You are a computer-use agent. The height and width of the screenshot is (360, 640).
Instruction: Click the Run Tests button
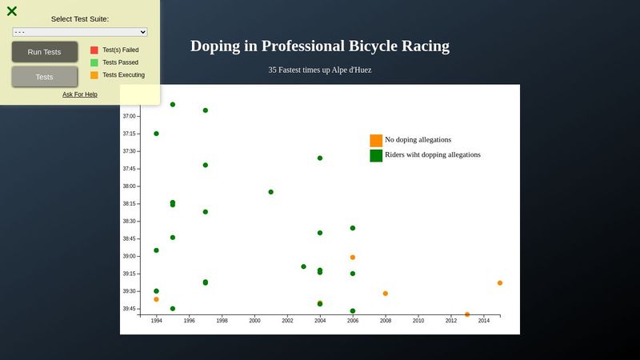click(x=44, y=52)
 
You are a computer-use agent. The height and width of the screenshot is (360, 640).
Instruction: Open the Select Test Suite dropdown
click(x=80, y=32)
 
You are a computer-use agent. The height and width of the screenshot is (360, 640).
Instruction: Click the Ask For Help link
click(x=80, y=94)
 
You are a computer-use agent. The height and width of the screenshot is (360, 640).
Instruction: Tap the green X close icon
click(x=12, y=11)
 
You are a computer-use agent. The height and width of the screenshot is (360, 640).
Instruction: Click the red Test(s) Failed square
click(x=94, y=50)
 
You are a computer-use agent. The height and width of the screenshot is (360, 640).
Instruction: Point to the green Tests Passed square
click(x=94, y=62)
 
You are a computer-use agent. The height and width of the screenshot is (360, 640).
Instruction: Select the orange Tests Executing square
click(x=94, y=75)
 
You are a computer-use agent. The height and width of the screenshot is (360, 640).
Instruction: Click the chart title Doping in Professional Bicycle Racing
click(x=320, y=46)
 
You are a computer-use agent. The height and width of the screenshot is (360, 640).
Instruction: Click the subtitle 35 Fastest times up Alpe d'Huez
click(x=320, y=70)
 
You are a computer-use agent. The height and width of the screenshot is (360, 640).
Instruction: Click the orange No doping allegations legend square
click(x=376, y=140)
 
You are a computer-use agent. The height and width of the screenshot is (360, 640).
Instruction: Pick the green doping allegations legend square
click(x=376, y=155)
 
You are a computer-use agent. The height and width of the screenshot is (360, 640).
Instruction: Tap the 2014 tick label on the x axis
click(x=484, y=321)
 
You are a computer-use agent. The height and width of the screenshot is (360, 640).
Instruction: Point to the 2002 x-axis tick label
click(x=287, y=321)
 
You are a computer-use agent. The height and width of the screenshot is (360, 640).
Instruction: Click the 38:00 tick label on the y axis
click(x=129, y=186)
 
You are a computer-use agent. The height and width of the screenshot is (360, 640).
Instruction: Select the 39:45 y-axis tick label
click(x=129, y=309)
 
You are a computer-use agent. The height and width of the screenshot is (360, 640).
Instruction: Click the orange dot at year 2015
click(x=500, y=283)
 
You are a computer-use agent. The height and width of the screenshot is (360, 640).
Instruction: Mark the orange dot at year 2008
click(x=386, y=294)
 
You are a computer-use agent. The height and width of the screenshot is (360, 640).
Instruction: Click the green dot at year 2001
click(x=271, y=192)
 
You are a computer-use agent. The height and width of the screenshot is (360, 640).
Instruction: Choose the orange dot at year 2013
click(x=467, y=314)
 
